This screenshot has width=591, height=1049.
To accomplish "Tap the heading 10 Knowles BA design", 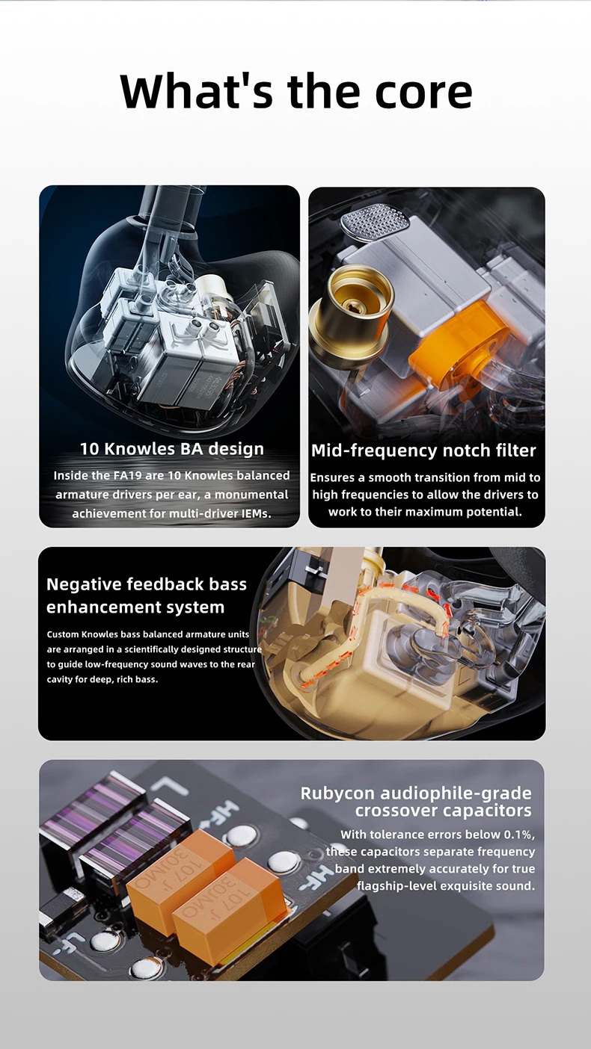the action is point(171,448).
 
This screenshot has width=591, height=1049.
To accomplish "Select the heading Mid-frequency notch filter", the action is point(423,451).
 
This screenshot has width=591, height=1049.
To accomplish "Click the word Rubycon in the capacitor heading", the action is point(337,793).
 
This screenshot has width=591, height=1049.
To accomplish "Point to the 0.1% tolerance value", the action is point(519,835).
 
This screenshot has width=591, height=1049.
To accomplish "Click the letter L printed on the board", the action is point(172,785).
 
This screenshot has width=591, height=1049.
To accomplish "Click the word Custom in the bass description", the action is point(63,634).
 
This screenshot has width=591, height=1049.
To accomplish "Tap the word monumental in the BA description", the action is point(251,495).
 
